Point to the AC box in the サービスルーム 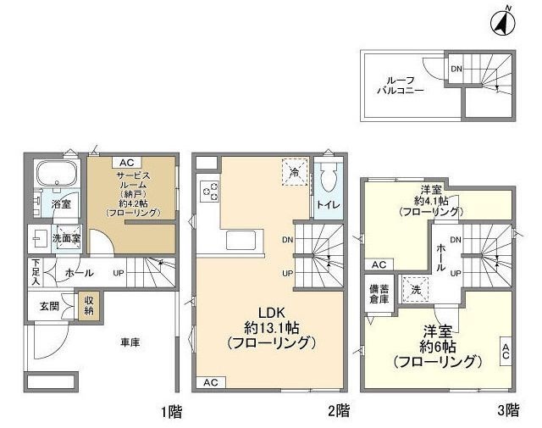click(x=125, y=163)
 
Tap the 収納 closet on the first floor click(x=87, y=306)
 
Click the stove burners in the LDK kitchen click(x=209, y=192)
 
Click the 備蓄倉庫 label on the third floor click(x=378, y=294)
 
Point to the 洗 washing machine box click(x=415, y=287)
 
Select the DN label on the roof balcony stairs click(x=456, y=69)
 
